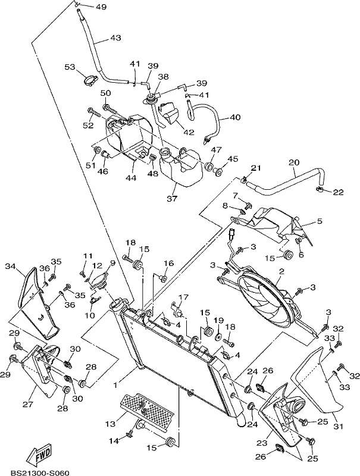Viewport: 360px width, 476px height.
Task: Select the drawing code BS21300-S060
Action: (40, 472)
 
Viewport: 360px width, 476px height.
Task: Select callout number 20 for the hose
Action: (294, 162)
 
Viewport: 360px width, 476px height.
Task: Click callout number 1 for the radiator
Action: (115, 385)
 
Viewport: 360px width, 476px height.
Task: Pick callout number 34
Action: (10, 266)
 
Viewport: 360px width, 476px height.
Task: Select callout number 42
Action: (188, 132)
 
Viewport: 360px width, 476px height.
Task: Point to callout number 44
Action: (131, 177)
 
